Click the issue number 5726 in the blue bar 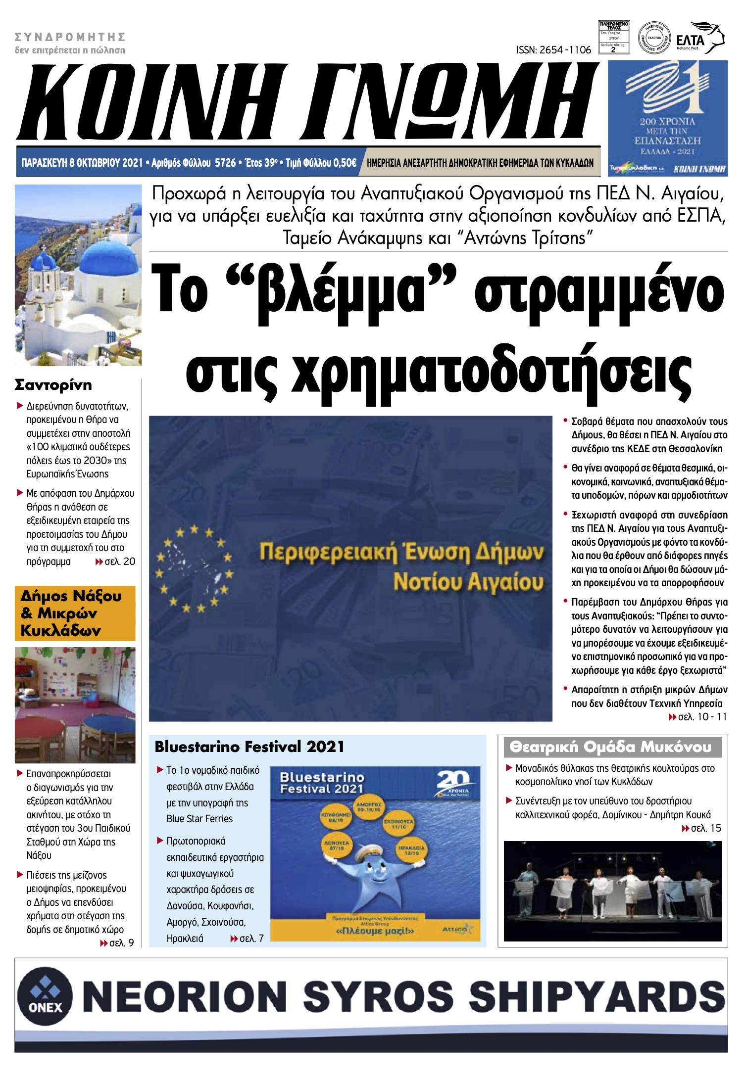pos(225,163)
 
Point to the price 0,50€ pos(345,163)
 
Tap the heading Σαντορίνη pos(53,384)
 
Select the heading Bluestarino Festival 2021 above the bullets pos(249,747)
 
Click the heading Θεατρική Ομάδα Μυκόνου pos(610,747)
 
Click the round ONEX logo pos(45,995)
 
